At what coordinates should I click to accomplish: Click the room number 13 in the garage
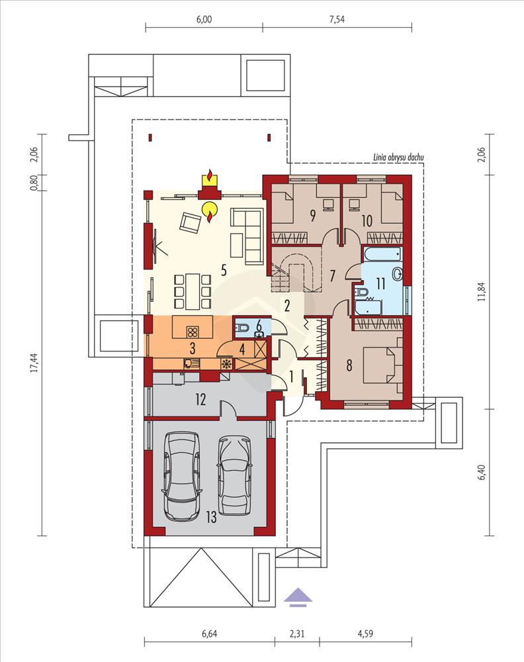[211, 516]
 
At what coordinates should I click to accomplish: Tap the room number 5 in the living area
[224, 270]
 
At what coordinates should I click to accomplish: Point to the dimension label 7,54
[337, 19]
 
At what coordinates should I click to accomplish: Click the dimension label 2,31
[298, 634]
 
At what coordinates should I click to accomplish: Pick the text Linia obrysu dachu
[398, 158]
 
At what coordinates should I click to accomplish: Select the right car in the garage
[234, 475]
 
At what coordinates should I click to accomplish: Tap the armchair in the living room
[191, 222]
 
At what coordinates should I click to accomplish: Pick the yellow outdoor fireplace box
[210, 181]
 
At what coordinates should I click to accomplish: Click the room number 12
[200, 399]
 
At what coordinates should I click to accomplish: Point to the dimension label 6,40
[483, 472]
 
